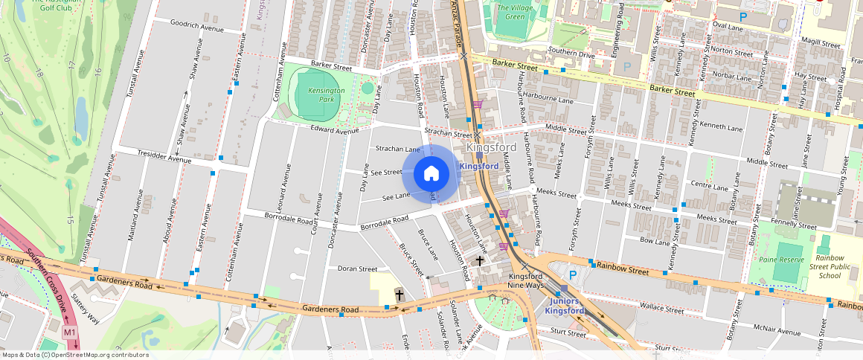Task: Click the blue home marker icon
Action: coord(431,174)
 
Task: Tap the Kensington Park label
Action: coord(327,94)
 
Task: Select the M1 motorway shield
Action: coord(70,332)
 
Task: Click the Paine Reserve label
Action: coord(781,260)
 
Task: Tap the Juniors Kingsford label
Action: coord(568,306)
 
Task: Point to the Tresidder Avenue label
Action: coord(164,158)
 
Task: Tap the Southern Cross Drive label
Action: coord(35,271)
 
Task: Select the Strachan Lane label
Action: coord(397,150)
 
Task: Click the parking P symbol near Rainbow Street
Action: coord(572,275)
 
